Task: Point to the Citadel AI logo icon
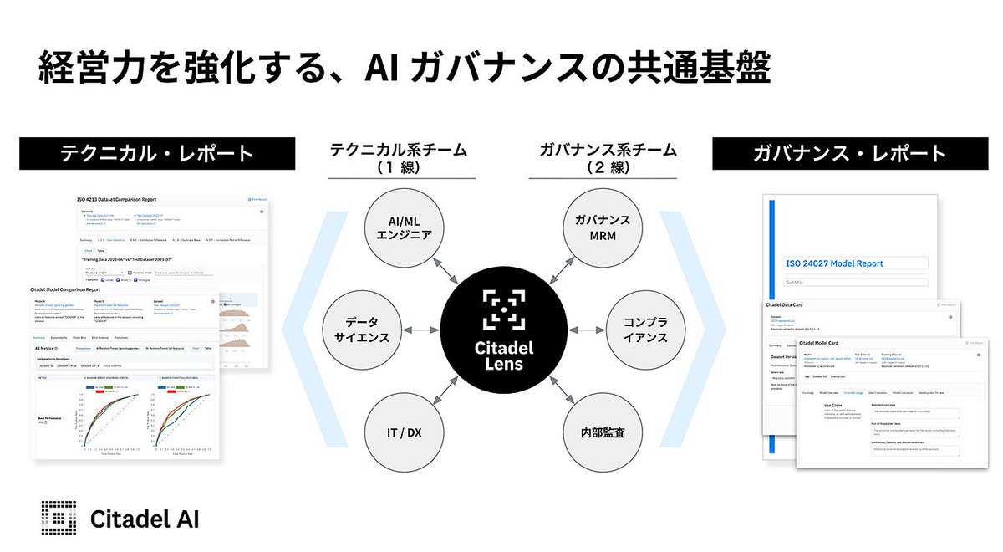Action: click(x=58, y=518)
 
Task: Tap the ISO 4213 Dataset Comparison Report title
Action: click(x=117, y=200)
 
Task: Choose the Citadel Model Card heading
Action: click(x=829, y=343)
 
